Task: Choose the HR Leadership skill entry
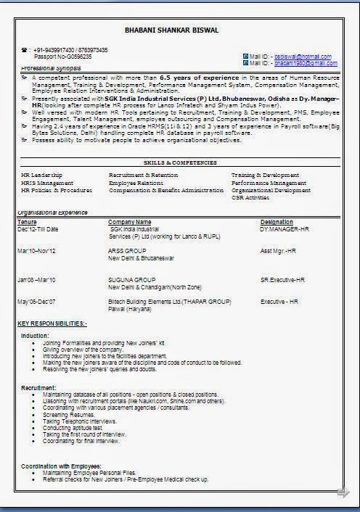click(41, 176)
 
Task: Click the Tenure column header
click(27, 222)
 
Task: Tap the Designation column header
click(277, 222)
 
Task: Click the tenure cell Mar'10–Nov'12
click(36, 251)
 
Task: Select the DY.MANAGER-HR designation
click(285, 229)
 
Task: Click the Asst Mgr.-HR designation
click(279, 251)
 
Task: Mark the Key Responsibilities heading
click(52, 322)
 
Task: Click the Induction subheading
click(35, 336)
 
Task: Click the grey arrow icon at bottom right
click(343, 494)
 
